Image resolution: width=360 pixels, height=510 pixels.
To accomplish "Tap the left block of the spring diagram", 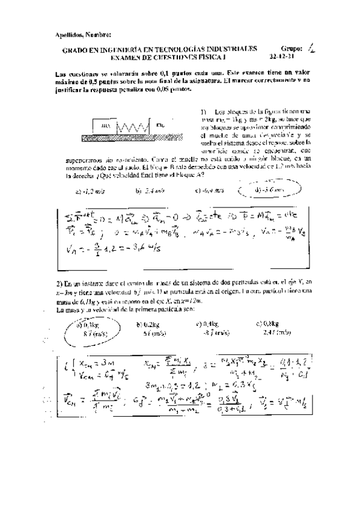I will (x=106, y=127).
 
